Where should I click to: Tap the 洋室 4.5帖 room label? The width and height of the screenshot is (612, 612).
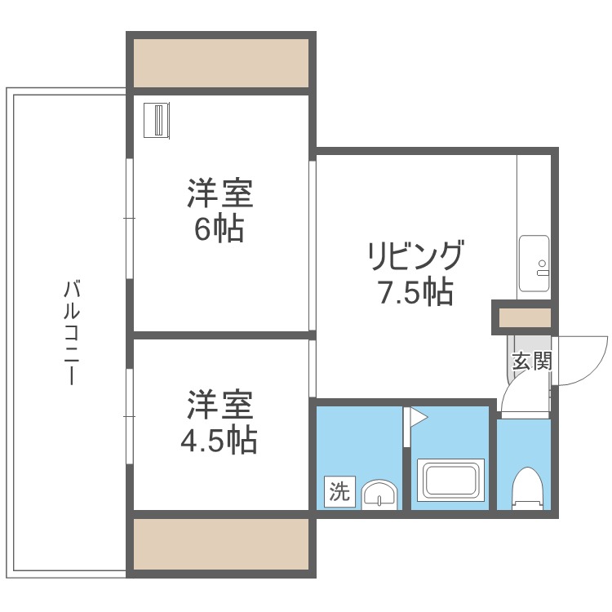click(x=218, y=423)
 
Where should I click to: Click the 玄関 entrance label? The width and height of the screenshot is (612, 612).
click(x=530, y=361)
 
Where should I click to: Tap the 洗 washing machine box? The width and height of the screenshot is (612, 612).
click(x=339, y=491)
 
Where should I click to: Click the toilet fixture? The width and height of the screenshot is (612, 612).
click(x=526, y=487)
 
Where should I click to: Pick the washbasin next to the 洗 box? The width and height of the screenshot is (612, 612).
click(x=379, y=494)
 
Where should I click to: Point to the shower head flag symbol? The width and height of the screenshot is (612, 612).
click(x=416, y=418)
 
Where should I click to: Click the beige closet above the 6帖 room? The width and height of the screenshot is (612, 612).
click(x=220, y=62)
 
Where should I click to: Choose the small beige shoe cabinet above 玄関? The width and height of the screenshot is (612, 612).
click(x=524, y=317)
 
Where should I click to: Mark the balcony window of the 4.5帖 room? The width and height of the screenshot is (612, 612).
click(x=129, y=416)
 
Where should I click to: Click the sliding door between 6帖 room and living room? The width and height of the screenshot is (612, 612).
click(x=313, y=245)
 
